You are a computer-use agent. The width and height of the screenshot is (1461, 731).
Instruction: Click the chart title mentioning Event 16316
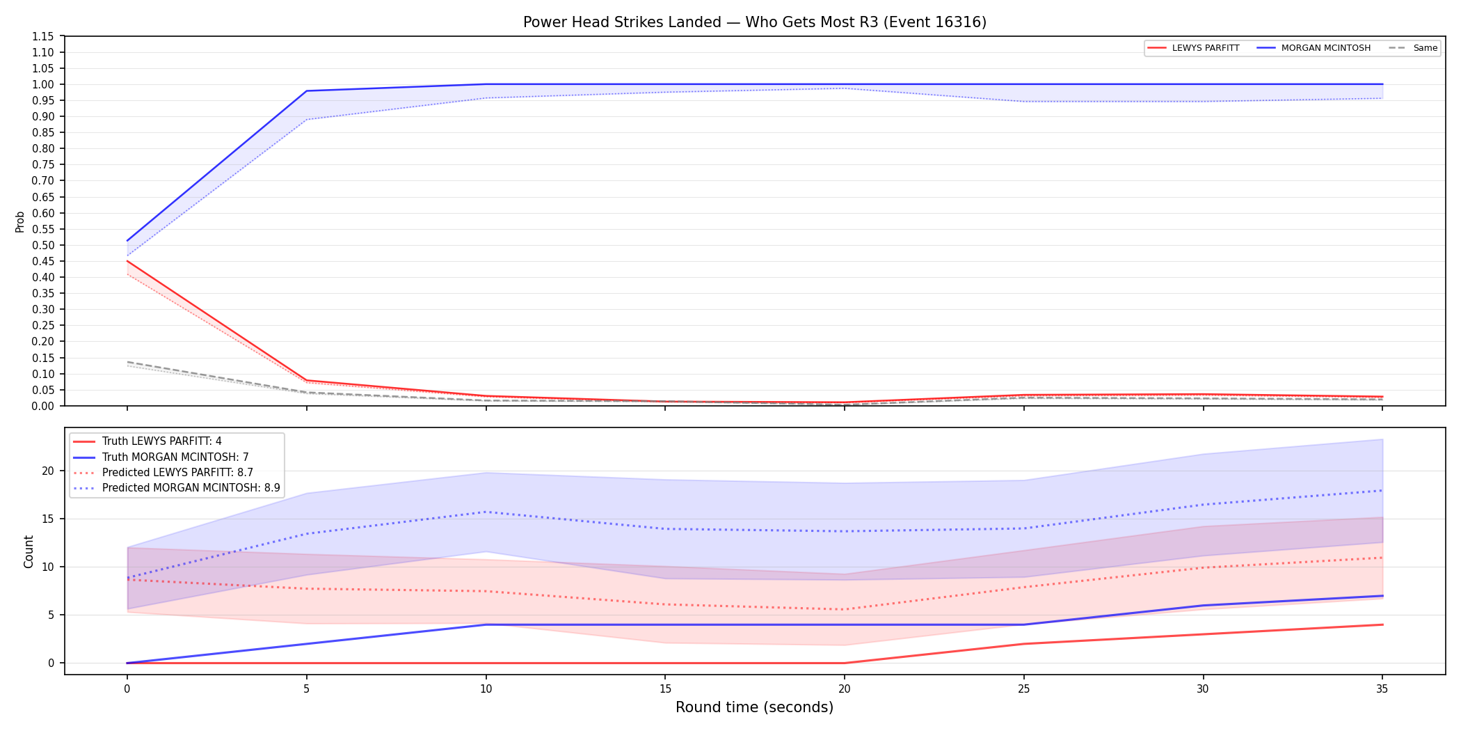coord(755,22)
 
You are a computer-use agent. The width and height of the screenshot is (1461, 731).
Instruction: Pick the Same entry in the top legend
coord(1412,48)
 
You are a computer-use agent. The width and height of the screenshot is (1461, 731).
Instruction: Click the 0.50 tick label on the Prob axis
coord(43,245)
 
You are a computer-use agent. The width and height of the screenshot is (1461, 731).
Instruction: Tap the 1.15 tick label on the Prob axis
coord(43,36)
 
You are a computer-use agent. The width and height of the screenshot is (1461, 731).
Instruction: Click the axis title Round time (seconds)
coord(755,708)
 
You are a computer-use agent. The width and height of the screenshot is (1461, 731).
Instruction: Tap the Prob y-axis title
coord(20,221)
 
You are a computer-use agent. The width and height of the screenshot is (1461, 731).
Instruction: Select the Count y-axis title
coord(29,551)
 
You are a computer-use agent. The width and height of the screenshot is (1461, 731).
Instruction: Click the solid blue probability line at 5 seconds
coord(307,91)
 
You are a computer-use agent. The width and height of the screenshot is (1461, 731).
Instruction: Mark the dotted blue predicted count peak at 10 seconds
coord(486,512)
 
